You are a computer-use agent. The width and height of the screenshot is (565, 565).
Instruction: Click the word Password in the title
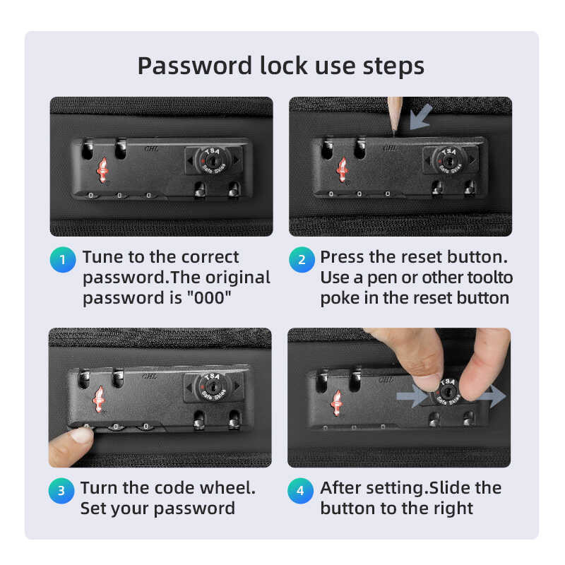(x=195, y=66)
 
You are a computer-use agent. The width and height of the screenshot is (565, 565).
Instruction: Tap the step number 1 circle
(x=63, y=259)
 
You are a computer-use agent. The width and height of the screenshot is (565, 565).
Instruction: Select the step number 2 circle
(x=302, y=259)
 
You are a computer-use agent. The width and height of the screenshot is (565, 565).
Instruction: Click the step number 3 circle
(x=61, y=490)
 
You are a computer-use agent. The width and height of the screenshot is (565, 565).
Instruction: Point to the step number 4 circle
(x=300, y=490)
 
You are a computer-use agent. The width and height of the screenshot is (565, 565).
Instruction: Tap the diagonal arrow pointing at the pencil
(x=421, y=117)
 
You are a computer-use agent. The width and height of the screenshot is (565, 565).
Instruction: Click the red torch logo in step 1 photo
(x=102, y=170)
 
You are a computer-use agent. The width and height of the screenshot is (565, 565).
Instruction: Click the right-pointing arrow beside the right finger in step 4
(x=491, y=396)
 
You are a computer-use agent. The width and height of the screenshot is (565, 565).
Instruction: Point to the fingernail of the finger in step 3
(x=82, y=435)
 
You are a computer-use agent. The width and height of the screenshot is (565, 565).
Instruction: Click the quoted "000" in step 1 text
(x=208, y=298)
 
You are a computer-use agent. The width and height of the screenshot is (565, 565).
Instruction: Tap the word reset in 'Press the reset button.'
(x=421, y=257)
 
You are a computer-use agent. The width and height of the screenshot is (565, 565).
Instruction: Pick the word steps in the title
(x=393, y=66)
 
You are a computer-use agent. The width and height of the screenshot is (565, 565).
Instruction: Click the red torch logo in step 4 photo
(x=337, y=403)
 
